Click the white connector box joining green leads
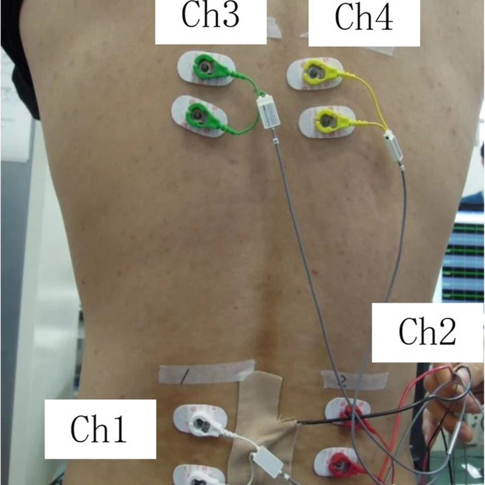tap(269, 112)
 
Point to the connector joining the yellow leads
tap(394, 146)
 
